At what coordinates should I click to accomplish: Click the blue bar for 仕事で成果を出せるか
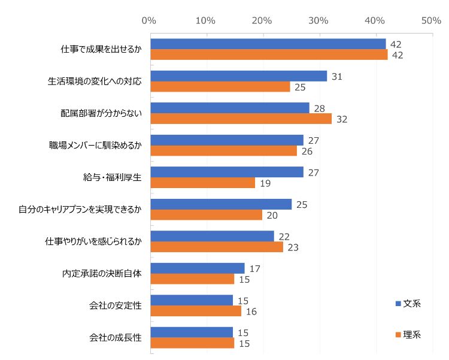coord(268,44)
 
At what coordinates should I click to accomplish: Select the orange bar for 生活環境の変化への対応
coord(220,87)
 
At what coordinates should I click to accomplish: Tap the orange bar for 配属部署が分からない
coord(241,119)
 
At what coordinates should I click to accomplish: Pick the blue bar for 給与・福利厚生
coord(227,172)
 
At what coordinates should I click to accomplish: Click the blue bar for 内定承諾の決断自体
coord(198,268)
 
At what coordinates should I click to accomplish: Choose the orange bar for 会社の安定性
coord(196,311)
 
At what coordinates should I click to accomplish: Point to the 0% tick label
coord(149,21)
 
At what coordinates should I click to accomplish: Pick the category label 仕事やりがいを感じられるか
coord(93,241)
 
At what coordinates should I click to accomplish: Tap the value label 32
coord(342,119)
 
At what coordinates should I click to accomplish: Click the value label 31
coord(337,77)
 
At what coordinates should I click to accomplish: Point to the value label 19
coord(265,183)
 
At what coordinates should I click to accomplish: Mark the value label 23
coord(293,247)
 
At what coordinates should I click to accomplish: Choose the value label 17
coord(254,268)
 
